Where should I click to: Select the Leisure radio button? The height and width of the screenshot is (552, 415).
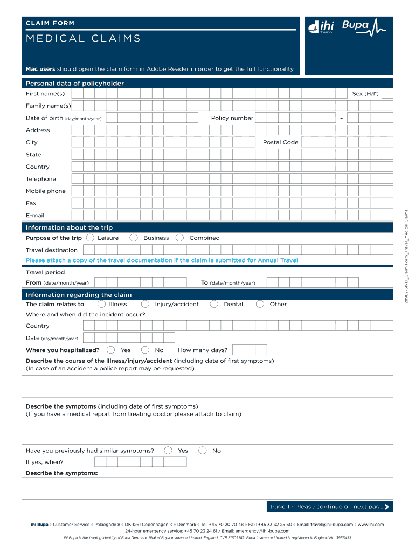90,238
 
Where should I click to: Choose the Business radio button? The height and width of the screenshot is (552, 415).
134,238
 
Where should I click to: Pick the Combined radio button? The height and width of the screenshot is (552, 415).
180,238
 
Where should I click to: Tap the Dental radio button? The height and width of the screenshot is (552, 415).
214,304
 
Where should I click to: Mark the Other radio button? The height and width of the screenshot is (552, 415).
260,304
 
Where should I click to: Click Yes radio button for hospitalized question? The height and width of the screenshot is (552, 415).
111,350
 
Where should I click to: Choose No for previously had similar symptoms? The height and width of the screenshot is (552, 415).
203,451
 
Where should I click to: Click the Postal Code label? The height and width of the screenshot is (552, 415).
280,142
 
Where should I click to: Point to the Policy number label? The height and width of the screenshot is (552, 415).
232,118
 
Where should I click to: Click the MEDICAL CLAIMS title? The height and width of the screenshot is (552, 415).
83,38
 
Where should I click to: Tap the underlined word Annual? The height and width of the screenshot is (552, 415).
268,260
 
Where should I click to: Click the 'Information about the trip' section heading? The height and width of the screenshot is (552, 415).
69,227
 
